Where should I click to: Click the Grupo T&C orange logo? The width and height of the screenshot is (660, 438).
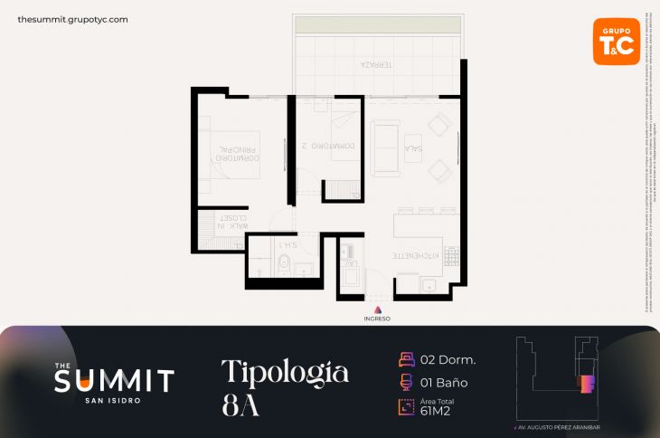coord(616,41)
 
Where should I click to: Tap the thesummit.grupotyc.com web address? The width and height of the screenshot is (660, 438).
coord(72,19)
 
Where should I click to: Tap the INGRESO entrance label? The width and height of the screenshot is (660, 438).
coord(377,318)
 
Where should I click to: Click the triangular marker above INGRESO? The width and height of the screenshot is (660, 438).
coord(377,309)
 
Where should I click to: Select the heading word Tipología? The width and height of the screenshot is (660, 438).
coord(285,371)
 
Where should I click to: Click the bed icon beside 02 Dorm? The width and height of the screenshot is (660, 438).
coord(406,359)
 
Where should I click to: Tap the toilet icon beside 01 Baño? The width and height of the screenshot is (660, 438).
coord(406,382)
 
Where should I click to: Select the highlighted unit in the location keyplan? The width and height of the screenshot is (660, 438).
coord(585,383)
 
